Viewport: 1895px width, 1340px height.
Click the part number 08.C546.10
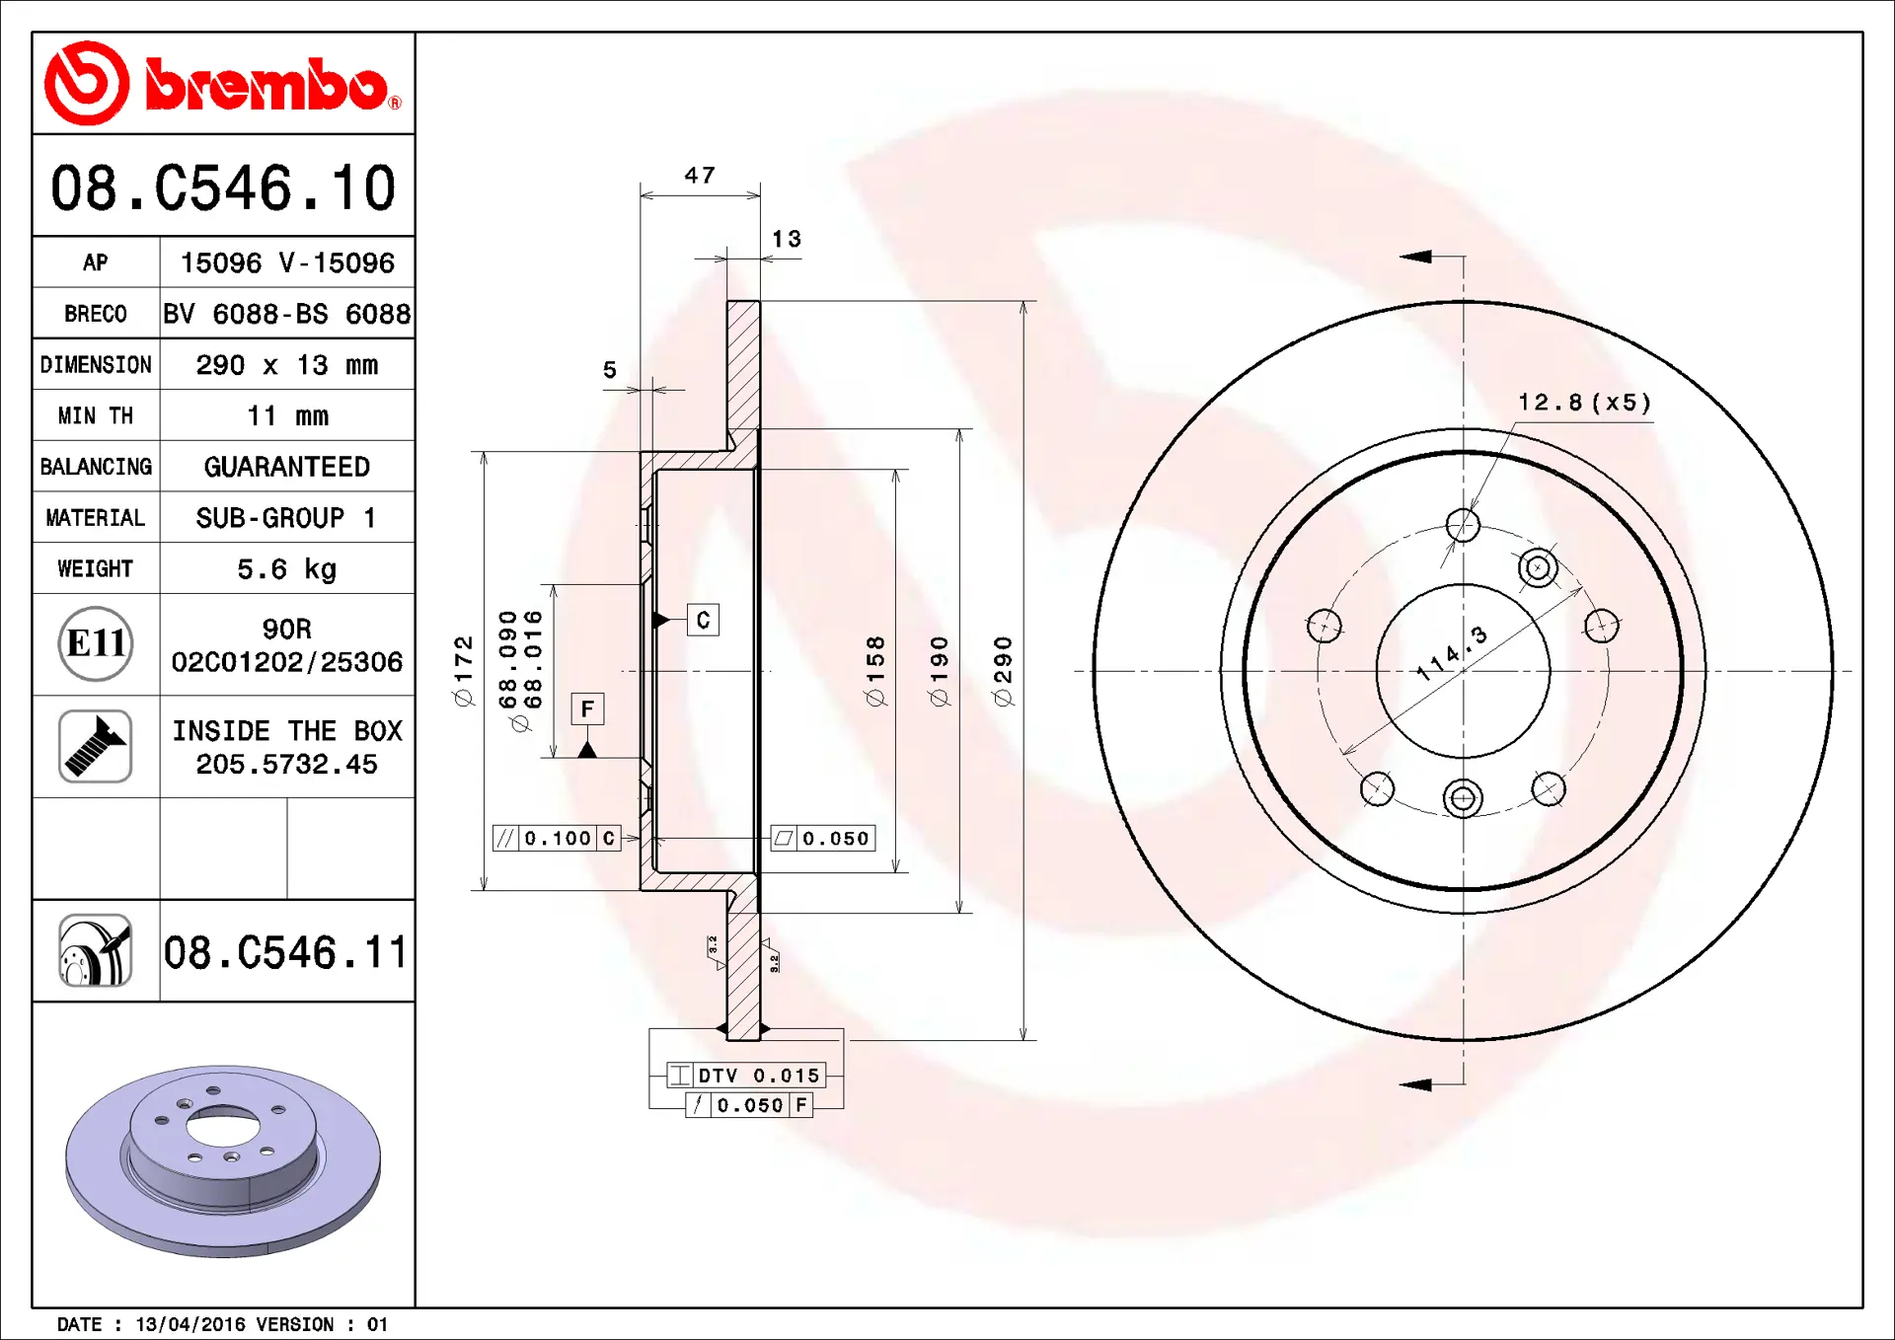[x=223, y=187]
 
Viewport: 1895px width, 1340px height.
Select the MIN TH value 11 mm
[x=287, y=416]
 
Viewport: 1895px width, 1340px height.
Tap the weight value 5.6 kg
[x=287, y=569]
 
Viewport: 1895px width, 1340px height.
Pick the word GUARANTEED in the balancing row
[x=287, y=467]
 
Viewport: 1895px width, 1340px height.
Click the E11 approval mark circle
[x=96, y=644]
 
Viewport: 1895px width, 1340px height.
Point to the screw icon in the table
[x=96, y=747]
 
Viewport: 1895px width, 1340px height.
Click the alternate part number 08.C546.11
[x=285, y=953]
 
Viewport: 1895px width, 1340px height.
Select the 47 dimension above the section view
[x=700, y=176]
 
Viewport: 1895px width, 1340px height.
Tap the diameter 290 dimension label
[x=1003, y=671]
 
